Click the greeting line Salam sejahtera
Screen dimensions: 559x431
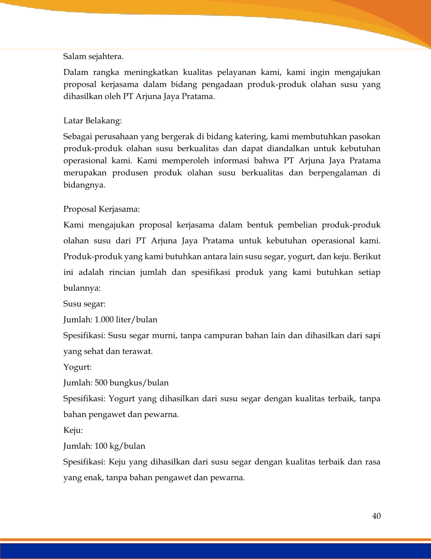[x=93, y=57]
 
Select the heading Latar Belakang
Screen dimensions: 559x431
[x=92, y=121]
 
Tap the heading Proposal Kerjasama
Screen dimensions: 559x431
[x=101, y=209]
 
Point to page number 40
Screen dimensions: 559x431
[x=376, y=516]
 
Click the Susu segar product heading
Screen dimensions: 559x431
[x=84, y=304]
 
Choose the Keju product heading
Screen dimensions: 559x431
[x=73, y=430]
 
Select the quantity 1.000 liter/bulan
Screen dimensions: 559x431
[x=126, y=320]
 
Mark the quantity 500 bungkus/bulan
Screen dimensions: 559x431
[x=132, y=383]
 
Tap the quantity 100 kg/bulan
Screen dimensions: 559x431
[x=120, y=446]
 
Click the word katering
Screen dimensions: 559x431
[x=251, y=137]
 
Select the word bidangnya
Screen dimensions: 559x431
[x=84, y=185]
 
